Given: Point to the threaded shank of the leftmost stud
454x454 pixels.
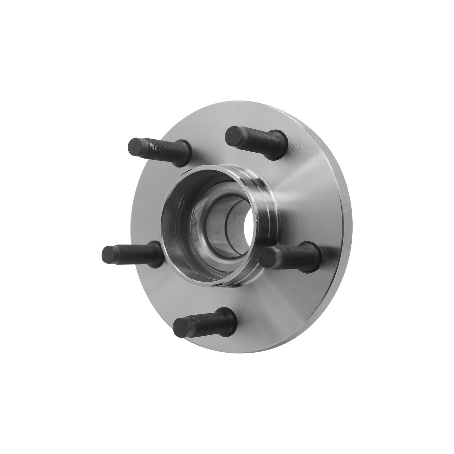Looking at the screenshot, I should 133,253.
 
